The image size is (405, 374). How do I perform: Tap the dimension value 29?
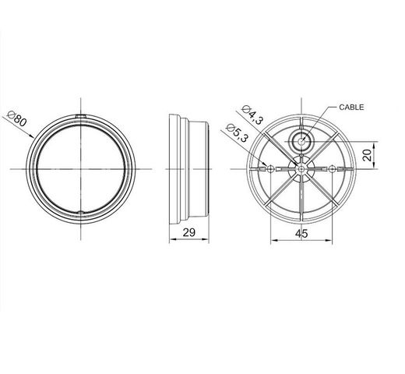[x=188, y=231]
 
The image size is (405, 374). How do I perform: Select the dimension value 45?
[x=300, y=231]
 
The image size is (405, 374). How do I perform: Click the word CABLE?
[x=352, y=107]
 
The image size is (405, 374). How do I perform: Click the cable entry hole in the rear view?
[x=300, y=140]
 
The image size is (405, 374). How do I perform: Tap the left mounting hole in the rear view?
[x=269, y=168]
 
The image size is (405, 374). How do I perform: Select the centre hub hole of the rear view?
[x=300, y=166]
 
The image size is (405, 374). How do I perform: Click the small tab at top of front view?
[x=81, y=118]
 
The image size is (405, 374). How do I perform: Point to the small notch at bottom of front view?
[x=81, y=213]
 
